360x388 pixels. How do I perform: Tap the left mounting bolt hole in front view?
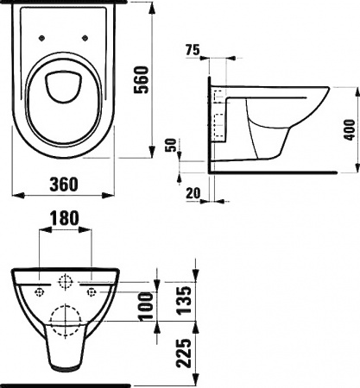38,292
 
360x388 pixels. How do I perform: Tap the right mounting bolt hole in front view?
91,292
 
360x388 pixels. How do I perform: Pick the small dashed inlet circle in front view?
65,282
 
